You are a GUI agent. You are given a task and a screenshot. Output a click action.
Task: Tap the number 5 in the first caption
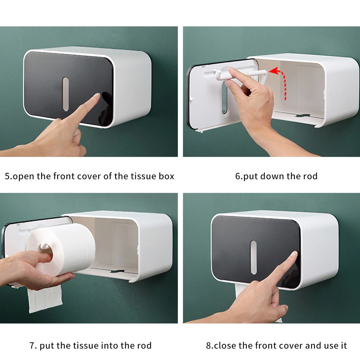coord(7,176)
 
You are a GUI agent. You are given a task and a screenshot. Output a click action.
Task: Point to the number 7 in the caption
coord(32,346)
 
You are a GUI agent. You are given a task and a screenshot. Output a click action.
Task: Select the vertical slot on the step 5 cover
coord(66,94)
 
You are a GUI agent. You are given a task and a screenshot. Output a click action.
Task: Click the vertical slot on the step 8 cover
coord(254,258)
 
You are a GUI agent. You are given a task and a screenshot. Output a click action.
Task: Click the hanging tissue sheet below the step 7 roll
coord(45,299)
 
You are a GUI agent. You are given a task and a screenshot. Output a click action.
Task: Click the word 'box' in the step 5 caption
coord(167,176)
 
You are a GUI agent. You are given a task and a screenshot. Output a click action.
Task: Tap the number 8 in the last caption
coord(209,346)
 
